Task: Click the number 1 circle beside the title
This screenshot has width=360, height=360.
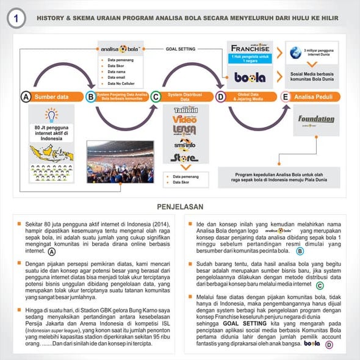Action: (16, 19)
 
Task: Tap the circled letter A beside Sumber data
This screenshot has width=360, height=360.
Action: (26, 97)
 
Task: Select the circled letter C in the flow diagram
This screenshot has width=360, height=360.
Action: (155, 96)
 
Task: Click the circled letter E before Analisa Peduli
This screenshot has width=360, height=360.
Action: (285, 96)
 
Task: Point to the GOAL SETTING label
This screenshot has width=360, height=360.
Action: (181, 48)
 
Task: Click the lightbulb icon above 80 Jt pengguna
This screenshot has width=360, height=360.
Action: (51, 115)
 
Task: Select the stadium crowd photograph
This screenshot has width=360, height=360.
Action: (120, 162)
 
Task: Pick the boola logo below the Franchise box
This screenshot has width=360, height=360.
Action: (250, 77)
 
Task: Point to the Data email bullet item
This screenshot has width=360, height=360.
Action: (117, 77)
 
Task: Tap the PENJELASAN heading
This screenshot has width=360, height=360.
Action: (180, 207)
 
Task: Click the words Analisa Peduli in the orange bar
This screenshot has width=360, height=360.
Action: (316, 96)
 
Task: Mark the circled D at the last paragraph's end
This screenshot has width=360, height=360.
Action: (330, 344)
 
